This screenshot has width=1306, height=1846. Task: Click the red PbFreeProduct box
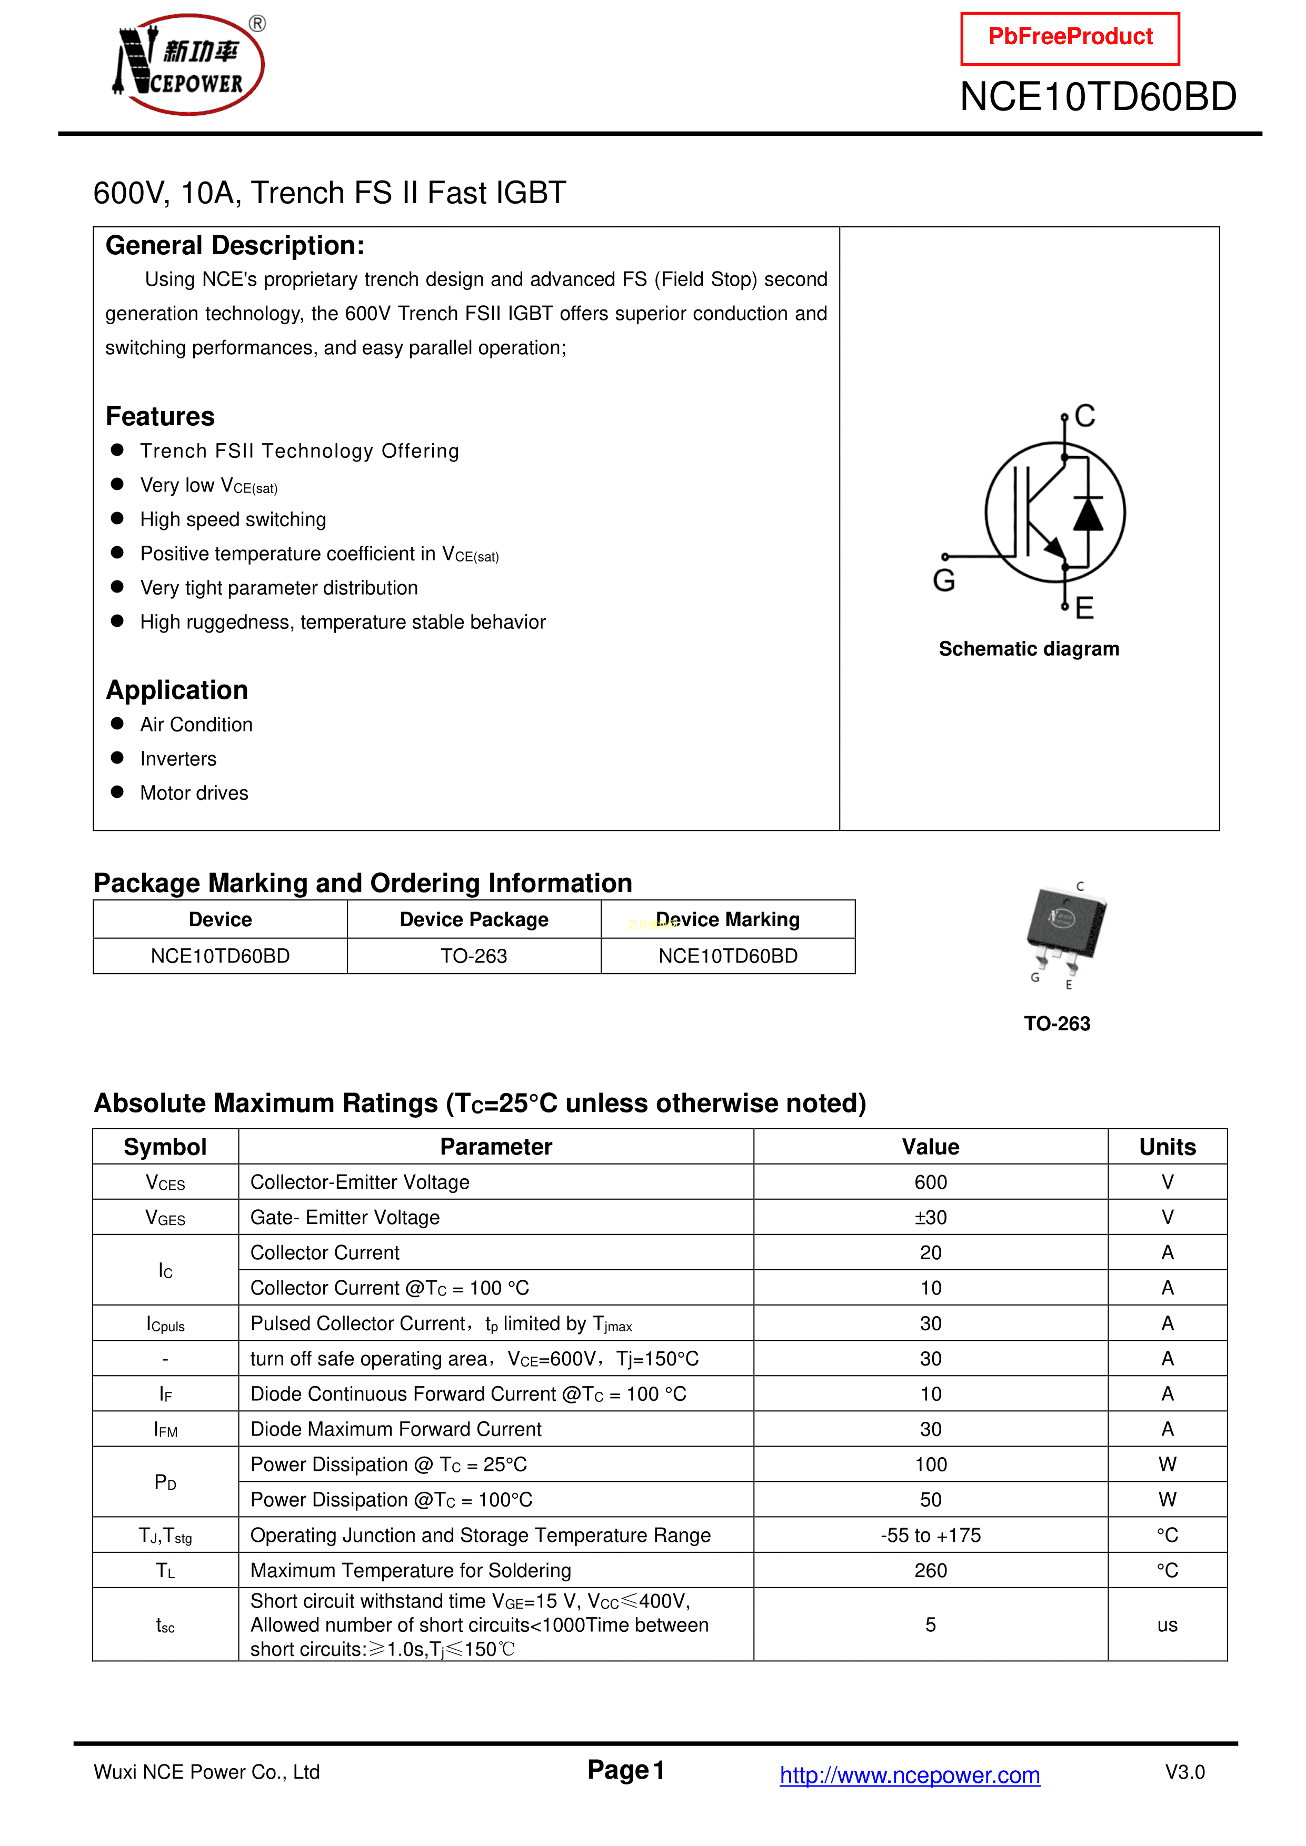1070,38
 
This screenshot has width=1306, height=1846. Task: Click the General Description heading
235,245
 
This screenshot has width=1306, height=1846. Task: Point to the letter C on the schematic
1085,416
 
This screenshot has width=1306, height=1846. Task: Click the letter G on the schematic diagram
944,580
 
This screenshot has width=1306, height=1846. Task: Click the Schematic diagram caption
1029,649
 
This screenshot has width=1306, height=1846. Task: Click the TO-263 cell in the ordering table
474,956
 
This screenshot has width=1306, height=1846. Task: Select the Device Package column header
474,920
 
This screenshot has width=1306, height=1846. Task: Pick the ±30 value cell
931,1217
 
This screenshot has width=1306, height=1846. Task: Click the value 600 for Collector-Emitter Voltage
931,1182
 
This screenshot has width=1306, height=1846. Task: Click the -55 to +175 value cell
931,1535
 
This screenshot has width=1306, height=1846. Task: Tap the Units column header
1167,1147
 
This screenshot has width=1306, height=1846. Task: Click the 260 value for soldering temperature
931,1570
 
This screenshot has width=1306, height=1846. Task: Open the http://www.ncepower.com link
910,1774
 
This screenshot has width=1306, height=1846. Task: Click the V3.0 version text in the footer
1184,1772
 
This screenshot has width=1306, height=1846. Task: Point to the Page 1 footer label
626,1770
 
